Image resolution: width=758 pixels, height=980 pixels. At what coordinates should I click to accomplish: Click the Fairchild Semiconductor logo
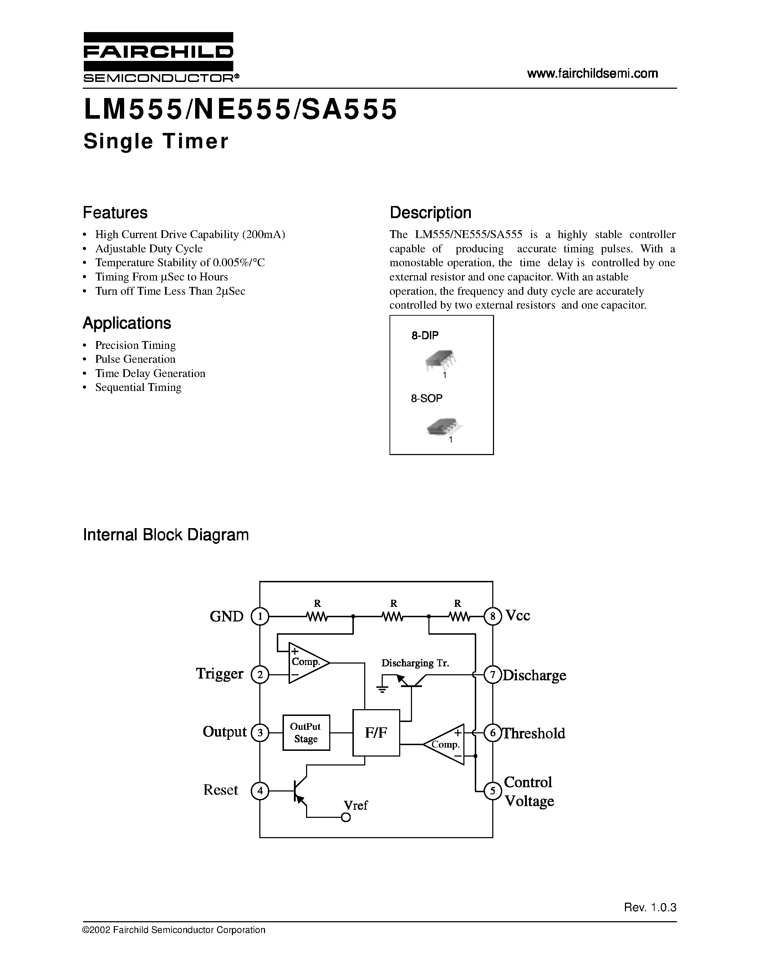point(158,57)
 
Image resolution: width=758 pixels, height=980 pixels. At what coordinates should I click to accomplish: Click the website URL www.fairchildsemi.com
point(592,74)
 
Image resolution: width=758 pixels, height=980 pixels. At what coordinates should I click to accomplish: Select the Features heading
point(115,212)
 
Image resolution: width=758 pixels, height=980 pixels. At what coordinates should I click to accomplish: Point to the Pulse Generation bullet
point(135,359)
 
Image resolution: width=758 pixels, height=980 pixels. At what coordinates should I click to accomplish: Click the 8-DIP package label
point(425,335)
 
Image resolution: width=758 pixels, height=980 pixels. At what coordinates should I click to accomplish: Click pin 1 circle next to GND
point(260,617)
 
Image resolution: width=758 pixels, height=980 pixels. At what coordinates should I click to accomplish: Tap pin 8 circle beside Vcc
point(493,617)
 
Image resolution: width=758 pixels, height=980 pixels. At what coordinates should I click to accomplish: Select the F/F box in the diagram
point(376,733)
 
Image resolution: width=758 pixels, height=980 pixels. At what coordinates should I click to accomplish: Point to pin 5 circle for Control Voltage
point(493,791)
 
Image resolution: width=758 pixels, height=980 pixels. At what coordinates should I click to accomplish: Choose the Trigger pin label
point(220,674)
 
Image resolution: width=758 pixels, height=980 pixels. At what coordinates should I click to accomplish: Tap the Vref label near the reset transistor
point(356,805)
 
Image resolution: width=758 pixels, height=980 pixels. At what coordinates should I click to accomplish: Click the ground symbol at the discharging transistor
point(382,689)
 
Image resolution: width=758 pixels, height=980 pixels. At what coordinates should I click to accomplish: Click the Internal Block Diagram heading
point(166,535)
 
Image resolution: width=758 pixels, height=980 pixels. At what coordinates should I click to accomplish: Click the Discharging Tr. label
point(415,663)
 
